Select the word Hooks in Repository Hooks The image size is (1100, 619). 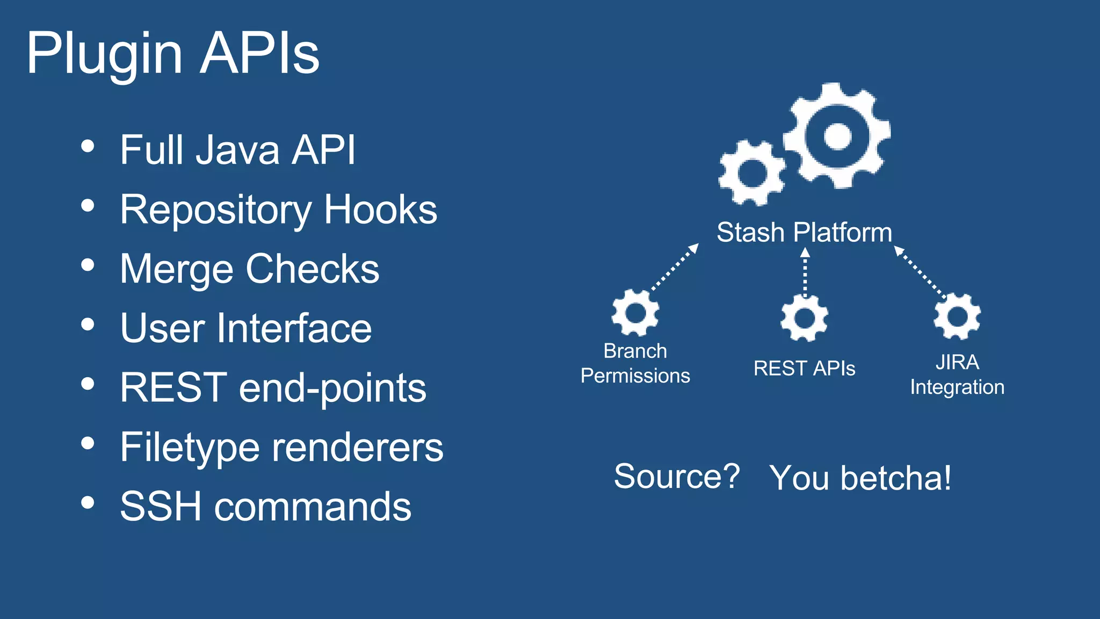pos(380,209)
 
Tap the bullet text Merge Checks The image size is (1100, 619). pos(249,269)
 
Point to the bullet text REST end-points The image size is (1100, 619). pos(273,387)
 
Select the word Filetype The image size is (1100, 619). pos(190,447)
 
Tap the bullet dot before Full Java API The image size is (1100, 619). pos(88,146)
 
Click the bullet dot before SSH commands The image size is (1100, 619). pos(88,503)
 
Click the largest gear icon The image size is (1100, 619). pos(837,135)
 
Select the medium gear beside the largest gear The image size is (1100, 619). pos(752,173)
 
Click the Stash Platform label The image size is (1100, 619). pos(804,233)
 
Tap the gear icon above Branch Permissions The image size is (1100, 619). pos(635,313)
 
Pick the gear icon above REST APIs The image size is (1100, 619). pos(804,318)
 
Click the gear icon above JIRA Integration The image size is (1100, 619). pos(957,316)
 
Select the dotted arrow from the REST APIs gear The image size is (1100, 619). pos(805,273)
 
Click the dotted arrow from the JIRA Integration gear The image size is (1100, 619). pos(921,272)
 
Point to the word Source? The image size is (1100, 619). pos(676,476)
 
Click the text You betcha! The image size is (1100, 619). pos(860,478)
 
